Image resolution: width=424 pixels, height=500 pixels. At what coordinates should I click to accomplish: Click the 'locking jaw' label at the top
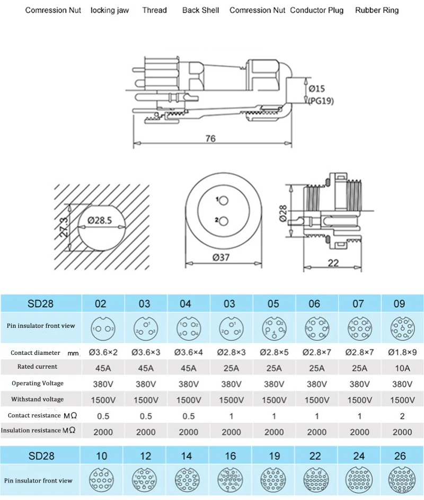(109, 11)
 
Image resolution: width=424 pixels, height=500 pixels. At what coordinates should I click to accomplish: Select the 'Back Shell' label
(201, 10)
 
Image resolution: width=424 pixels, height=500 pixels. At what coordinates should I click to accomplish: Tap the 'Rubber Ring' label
(377, 11)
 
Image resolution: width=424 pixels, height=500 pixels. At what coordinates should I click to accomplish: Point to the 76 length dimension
(210, 138)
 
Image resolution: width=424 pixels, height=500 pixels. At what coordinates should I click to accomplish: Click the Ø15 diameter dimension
(316, 88)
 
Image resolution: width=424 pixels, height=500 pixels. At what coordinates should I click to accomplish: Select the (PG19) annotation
(321, 101)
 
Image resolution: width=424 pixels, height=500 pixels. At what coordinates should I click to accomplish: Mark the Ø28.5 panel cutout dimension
(100, 220)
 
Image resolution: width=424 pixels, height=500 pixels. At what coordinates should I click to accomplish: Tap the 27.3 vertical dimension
(64, 227)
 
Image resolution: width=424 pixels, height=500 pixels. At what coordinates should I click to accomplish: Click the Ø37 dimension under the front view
(221, 257)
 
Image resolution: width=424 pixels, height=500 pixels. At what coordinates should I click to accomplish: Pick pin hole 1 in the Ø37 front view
(224, 201)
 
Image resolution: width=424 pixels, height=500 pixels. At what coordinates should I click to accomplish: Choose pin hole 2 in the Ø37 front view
(224, 221)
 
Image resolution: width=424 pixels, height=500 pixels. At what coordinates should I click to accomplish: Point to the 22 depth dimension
(333, 263)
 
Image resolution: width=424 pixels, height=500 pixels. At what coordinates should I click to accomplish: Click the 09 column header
(399, 303)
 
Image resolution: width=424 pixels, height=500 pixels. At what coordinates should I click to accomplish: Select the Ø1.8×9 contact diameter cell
(402, 352)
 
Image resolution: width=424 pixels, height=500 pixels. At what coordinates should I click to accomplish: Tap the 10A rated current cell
(402, 368)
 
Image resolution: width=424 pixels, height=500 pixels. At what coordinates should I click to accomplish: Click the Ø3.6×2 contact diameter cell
(103, 352)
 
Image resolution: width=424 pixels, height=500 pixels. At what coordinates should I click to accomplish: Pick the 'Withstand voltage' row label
(37, 399)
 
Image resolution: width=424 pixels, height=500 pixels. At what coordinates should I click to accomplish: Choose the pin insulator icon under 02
(103, 328)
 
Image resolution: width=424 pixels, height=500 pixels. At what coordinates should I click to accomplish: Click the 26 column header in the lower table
(400, 456)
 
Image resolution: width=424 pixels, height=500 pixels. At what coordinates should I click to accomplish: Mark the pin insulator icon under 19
(273, 480)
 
